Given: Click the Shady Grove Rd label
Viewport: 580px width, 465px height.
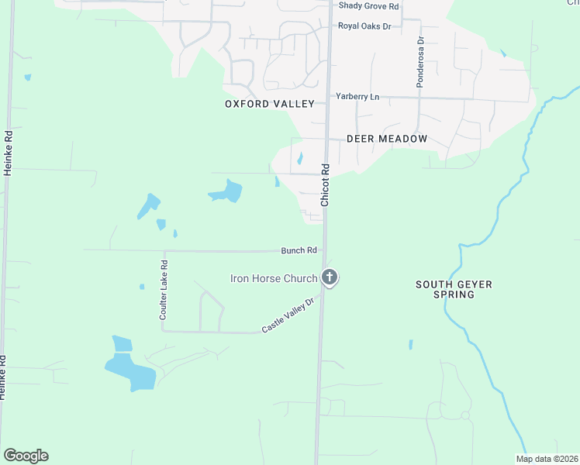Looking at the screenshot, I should click(368, 6).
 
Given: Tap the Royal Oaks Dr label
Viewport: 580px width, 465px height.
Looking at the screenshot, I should click(364, 26).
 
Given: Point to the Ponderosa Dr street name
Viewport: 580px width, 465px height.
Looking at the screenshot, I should click(419, 61).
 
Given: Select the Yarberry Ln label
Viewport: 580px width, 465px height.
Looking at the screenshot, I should click(357, 96).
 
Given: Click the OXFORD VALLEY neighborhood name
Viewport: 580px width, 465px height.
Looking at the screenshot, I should click(270, 104).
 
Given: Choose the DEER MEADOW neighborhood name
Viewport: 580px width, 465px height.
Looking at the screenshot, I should click(387, 139).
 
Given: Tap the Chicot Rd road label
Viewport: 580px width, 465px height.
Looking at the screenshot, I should click(326, 184).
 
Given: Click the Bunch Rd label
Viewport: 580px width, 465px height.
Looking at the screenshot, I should click(299, 250).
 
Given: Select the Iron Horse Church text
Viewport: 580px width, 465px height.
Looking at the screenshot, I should click(274, 278).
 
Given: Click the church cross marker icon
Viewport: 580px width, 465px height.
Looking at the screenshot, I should click(330, 277).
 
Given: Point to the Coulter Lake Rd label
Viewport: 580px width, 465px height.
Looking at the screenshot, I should click(164, 290).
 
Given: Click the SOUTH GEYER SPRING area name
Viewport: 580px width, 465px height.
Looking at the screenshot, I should click(454, 290).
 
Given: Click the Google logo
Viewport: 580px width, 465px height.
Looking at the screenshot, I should click(26, 456).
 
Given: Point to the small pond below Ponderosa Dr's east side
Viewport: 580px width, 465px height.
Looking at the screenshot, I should click(502, 53).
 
